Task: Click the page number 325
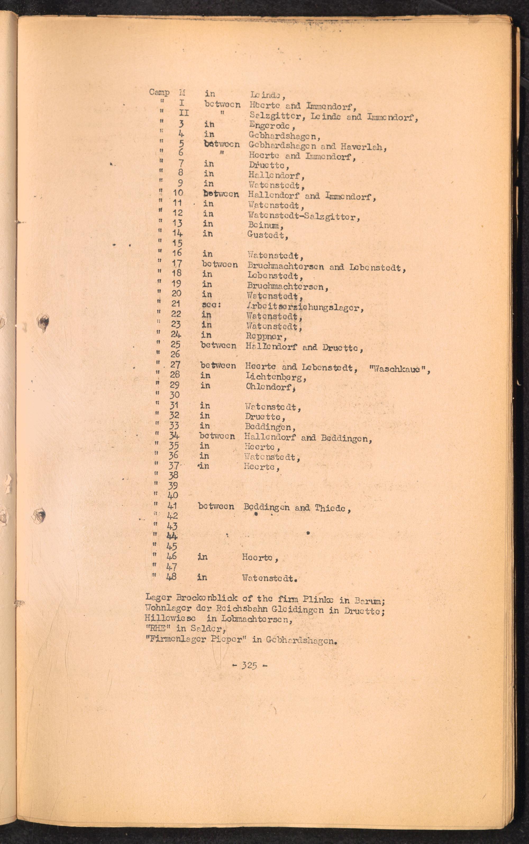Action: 249,665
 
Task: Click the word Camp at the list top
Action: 159,92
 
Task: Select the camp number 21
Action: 176,304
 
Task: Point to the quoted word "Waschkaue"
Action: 399,369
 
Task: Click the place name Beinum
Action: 263,225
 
